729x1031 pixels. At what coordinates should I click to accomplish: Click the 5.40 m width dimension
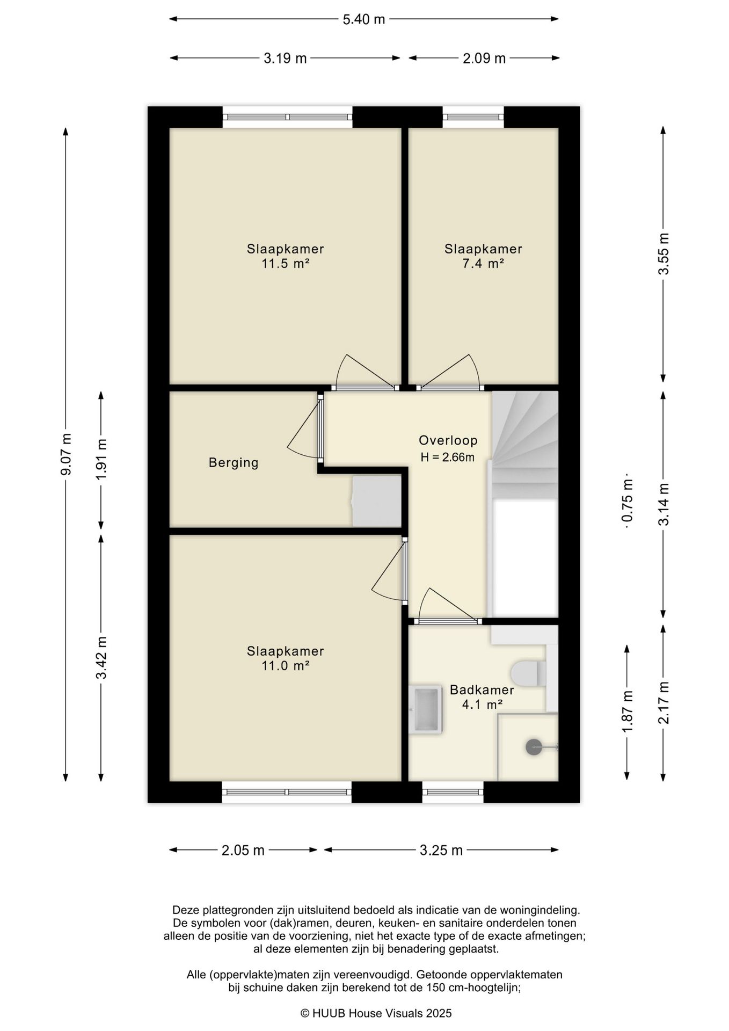pos(364,19)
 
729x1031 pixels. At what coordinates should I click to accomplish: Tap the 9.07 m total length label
pos(66,454)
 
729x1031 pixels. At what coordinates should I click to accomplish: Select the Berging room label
pos(234,462)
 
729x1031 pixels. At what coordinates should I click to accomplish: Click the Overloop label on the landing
pos(448,440)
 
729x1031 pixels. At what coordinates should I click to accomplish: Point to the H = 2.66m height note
pos(448,458)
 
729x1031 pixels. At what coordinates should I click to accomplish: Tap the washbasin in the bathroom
pos(425,709)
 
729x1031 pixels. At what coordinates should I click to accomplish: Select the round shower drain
pos(534,747)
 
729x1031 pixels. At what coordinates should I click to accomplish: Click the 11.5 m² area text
pos(286,264)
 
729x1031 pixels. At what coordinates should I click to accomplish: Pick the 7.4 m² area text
pos(483,264)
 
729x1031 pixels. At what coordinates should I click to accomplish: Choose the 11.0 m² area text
pos(286,666)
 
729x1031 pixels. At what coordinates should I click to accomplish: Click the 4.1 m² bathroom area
pos(482,704)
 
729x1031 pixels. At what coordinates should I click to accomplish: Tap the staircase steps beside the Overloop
pos(525,444)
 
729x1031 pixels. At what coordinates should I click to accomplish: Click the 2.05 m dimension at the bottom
pos(243,850)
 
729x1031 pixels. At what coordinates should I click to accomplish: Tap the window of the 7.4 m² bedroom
pos(473,117)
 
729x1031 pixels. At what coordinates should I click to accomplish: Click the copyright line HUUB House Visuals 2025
pos(376,1013)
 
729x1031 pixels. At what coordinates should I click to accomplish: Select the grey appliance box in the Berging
pos(377,501)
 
